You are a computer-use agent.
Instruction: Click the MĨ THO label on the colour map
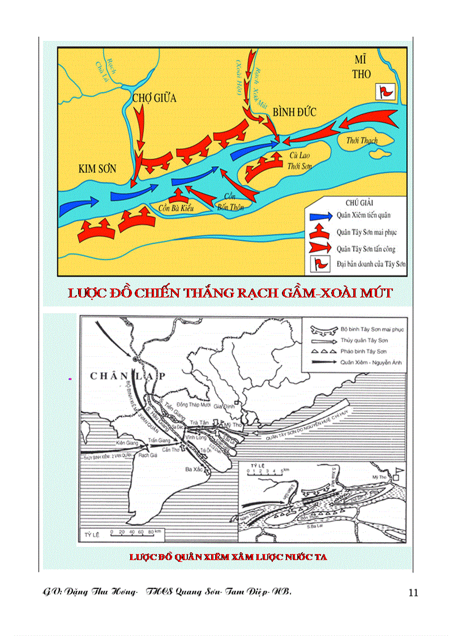click(x=362, y=66)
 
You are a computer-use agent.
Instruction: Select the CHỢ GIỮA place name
click(x=154, y=98)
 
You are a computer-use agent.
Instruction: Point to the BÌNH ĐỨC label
click(x=294, y=112)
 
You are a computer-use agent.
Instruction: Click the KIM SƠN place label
click(x=97, y=169)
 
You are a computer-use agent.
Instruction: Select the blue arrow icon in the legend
click(x=321, y=216)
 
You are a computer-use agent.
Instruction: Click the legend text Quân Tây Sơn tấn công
click(x=366, y=249)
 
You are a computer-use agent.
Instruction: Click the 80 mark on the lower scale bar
click(x=149, y=532)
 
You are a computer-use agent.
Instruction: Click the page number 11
click(x=413, y=593)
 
